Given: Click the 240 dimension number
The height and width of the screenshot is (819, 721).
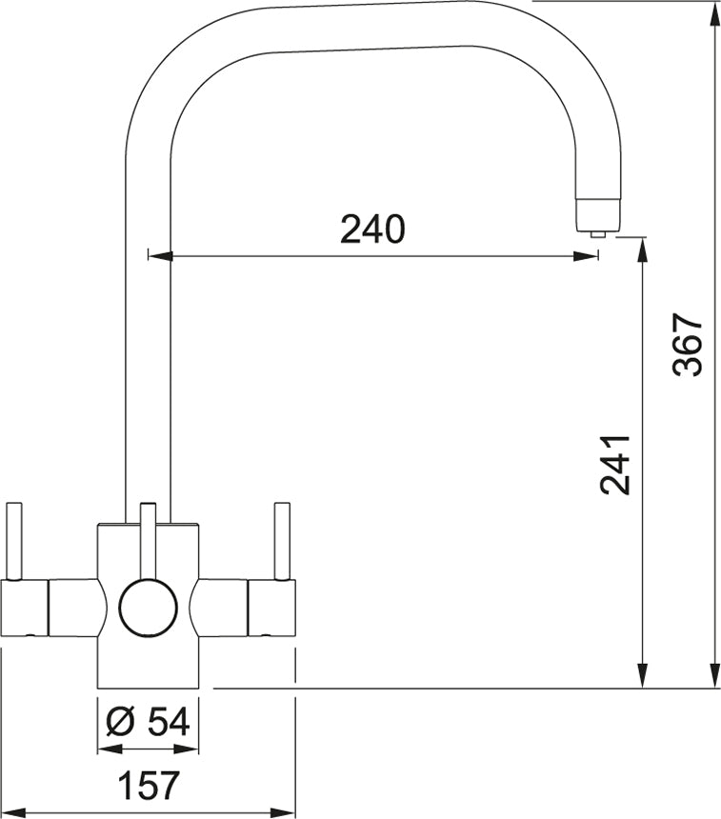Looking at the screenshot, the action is (372, 230).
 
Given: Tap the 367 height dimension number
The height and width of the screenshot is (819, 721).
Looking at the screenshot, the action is (688, 344).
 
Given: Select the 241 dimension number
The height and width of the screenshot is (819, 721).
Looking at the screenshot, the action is (615, 464).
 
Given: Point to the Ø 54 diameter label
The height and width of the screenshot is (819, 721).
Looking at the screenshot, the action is (148, 722).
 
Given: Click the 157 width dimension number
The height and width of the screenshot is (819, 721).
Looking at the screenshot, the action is (149, 785).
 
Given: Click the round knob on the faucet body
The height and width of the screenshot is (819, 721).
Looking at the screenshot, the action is (149, 607).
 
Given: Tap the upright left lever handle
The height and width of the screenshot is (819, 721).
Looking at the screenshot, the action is (13, 541).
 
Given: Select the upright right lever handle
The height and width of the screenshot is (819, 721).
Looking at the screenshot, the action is (282, 541).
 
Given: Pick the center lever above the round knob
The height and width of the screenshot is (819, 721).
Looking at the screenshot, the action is (149, 542).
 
